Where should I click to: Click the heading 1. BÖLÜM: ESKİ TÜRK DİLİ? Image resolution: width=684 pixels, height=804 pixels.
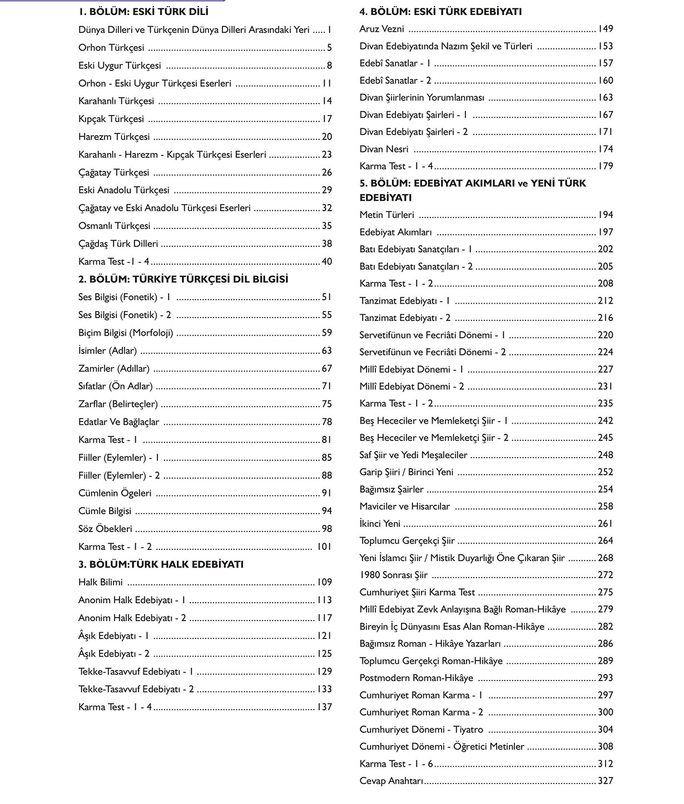143,12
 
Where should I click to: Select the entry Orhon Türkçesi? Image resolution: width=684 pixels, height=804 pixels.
111,48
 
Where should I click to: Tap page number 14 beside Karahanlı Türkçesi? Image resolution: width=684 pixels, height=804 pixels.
327,101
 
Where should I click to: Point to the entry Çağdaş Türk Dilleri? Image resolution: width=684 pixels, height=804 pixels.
118,244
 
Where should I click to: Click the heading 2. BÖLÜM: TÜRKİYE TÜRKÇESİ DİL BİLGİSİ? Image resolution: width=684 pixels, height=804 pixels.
184,279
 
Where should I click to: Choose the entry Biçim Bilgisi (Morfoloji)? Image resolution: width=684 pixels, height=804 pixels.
126,333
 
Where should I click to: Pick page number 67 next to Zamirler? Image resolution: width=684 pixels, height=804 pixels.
327,369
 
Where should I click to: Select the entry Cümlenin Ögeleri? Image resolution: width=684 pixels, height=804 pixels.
115,493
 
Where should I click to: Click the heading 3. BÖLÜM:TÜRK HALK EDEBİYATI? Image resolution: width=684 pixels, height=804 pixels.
161,564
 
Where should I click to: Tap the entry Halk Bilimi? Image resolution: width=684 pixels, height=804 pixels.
101,582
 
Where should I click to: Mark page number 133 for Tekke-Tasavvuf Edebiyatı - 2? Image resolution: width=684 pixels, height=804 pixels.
324,689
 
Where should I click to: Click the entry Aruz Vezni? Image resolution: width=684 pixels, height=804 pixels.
382,29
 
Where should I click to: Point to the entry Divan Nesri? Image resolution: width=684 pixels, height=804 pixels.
384,149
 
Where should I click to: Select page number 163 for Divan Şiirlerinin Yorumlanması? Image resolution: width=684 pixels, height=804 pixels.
606,98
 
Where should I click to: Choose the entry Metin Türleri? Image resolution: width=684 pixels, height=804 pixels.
387,215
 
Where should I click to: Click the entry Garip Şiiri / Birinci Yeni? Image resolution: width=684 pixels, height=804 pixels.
407,472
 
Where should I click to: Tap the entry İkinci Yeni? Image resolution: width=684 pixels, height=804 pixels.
380,524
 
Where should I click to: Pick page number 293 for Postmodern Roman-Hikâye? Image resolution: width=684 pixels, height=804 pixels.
606,678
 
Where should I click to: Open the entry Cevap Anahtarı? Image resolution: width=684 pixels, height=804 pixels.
391,781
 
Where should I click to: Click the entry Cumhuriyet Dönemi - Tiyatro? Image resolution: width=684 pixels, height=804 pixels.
422,729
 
